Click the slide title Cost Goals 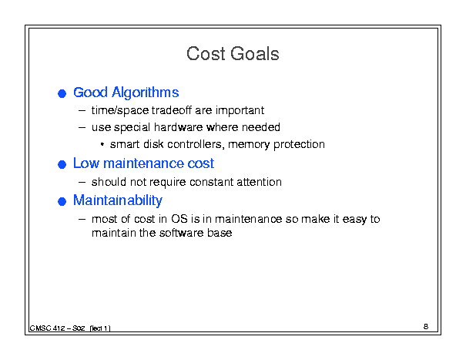pos(233,54)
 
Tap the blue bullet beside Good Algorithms pos(62,94)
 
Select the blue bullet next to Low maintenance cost pos(62,164)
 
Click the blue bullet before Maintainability pos(62,201)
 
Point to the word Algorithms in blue pos(146,93)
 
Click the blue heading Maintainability pos(118,200)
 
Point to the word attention pos(259,182)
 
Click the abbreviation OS pos(179,219)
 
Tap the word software pos(181,233)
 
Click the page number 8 pos(426,326)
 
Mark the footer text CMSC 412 pos(47,328)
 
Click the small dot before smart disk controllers pos(102,145)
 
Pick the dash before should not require pos(82,183)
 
